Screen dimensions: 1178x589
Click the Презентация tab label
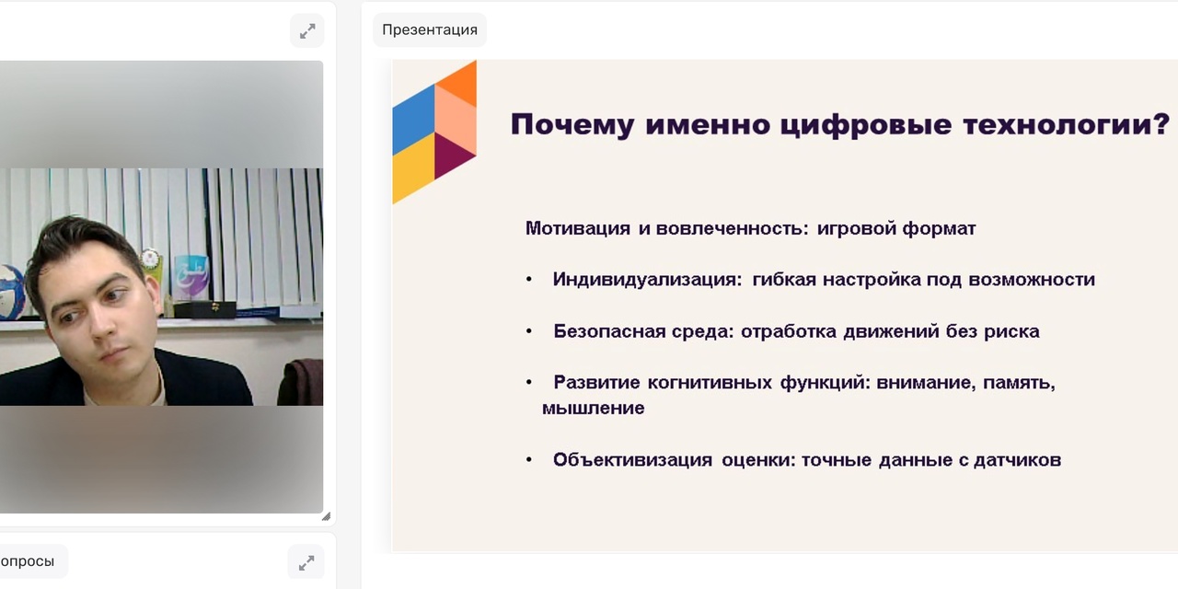430,30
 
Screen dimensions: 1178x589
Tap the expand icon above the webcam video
307,31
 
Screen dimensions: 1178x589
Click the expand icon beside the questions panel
306,562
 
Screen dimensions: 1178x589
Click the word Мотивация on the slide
578,228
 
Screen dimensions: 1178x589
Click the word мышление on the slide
594,409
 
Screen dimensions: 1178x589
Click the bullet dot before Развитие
529,382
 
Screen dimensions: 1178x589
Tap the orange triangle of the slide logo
459,82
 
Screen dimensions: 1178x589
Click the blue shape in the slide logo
414,120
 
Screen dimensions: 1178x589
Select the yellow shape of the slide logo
413,167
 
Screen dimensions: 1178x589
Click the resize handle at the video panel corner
326,516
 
